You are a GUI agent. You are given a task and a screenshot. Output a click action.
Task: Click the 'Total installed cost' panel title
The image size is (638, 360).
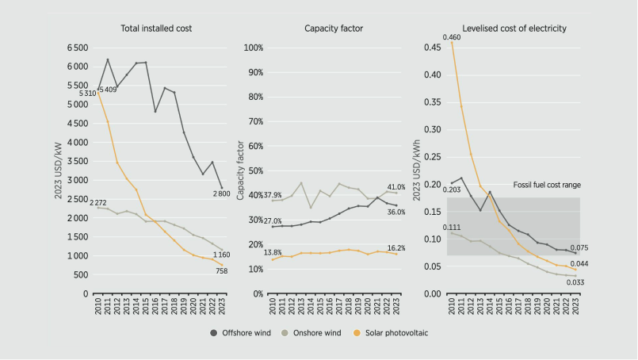tap(156, 29)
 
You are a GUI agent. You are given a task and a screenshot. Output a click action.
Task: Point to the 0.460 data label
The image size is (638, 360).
tap(452, 37)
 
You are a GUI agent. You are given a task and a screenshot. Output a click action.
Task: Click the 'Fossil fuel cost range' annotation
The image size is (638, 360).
tap(548, 184)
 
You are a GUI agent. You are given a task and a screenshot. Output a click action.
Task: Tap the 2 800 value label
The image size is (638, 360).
tap(222, 194)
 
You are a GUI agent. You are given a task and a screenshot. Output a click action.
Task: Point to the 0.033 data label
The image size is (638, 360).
tap(576, 282)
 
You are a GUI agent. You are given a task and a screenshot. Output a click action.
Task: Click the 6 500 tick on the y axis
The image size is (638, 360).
tap(78, 48)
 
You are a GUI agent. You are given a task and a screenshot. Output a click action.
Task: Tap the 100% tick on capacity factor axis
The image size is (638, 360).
tap(252, 48)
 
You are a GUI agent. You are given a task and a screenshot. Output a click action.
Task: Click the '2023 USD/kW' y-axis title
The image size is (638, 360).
tap(59, 170)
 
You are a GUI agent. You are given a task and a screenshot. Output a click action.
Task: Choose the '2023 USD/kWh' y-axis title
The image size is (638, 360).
tap(417, 170)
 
